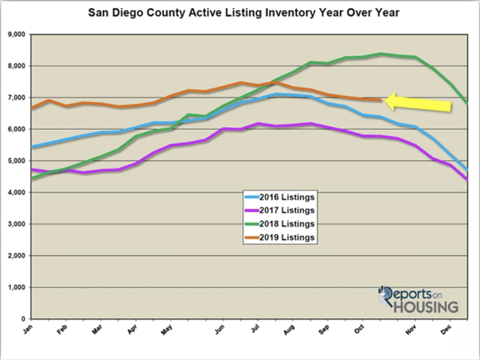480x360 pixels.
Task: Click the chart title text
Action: [x=244, y=13]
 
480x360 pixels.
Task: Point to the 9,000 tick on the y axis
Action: [x=17, y=35]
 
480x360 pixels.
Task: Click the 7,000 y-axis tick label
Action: [x=17, y=98]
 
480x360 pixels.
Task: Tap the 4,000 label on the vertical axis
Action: [x=17, y=193]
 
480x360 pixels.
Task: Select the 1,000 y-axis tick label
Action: [x=17, y=288]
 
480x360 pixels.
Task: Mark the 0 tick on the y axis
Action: [x=24, y=319]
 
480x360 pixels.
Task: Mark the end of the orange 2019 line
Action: [x=381, y=100]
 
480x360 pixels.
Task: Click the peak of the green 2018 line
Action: [x=380, y=53]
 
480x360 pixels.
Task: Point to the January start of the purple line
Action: [x=32, y=169]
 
